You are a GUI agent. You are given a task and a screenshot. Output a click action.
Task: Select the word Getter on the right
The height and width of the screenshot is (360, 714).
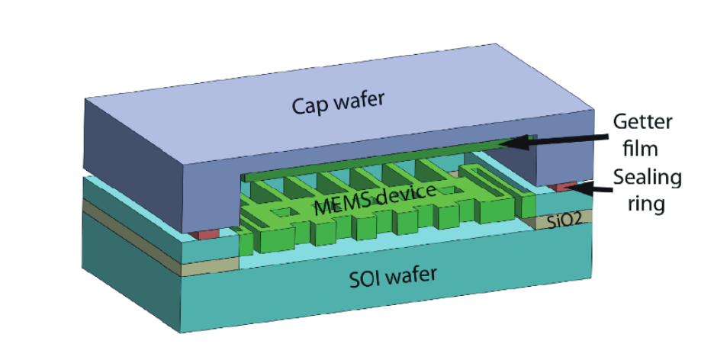point(641,122)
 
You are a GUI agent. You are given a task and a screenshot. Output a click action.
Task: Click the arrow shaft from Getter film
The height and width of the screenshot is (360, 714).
point(564,137)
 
